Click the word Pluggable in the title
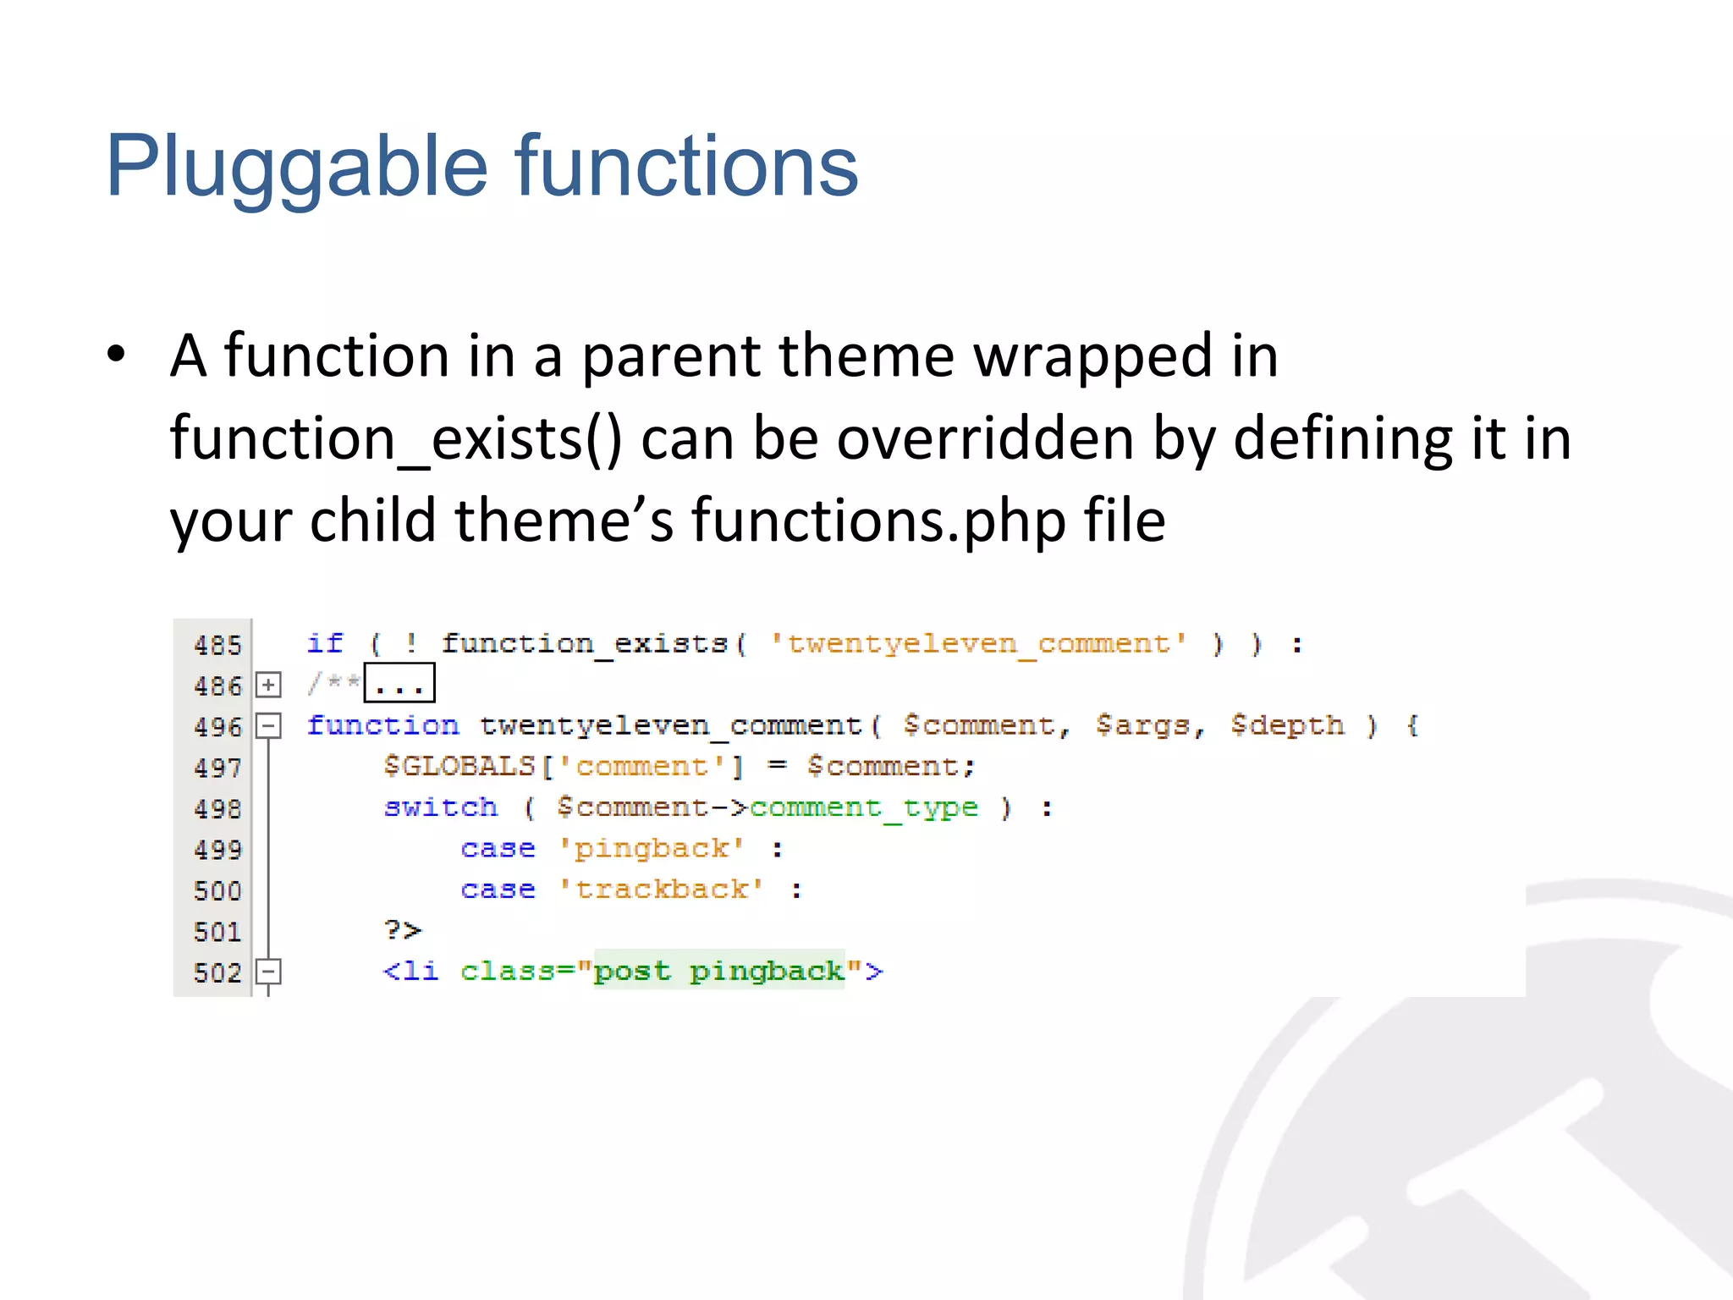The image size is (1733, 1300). click(x=296, y=168)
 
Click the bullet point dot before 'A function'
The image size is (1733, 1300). click(x=116, y=355)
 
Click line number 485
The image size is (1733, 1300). click(x=217, y=645)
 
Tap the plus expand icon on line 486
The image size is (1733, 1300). click(x=268, y=685)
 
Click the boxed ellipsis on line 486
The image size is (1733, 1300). click(x=399, y=684)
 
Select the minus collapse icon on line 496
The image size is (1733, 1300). click(x=268, y=725)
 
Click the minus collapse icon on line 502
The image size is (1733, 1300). click(x=268, y=971)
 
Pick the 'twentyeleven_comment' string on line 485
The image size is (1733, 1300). click(x=978, y=644)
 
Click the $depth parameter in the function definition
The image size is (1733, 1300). click(x=1286, y=725)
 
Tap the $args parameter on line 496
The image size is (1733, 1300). click(x=1149, y=725)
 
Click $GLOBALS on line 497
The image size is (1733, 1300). click(x=459, y=766)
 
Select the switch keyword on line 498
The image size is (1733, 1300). click(x=441, y=807)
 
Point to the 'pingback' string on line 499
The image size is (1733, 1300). click(x=651, y=848)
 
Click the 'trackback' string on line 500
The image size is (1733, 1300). click(x=661, y=889)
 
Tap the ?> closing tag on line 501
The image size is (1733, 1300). click(x=402, y=930)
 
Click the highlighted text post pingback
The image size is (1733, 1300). click(x=718, y=971)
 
